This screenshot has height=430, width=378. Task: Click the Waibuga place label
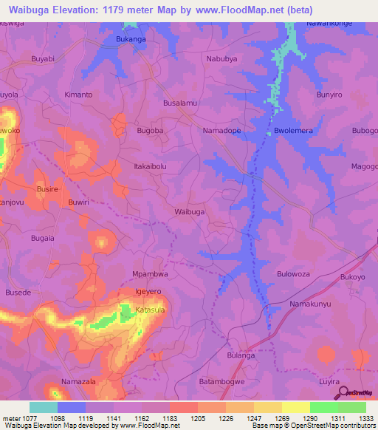[189, 212]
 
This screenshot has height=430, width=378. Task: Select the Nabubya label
[223, 58]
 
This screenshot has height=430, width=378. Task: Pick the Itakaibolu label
[150, 167]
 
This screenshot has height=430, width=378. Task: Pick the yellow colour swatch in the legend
[295, 407]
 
